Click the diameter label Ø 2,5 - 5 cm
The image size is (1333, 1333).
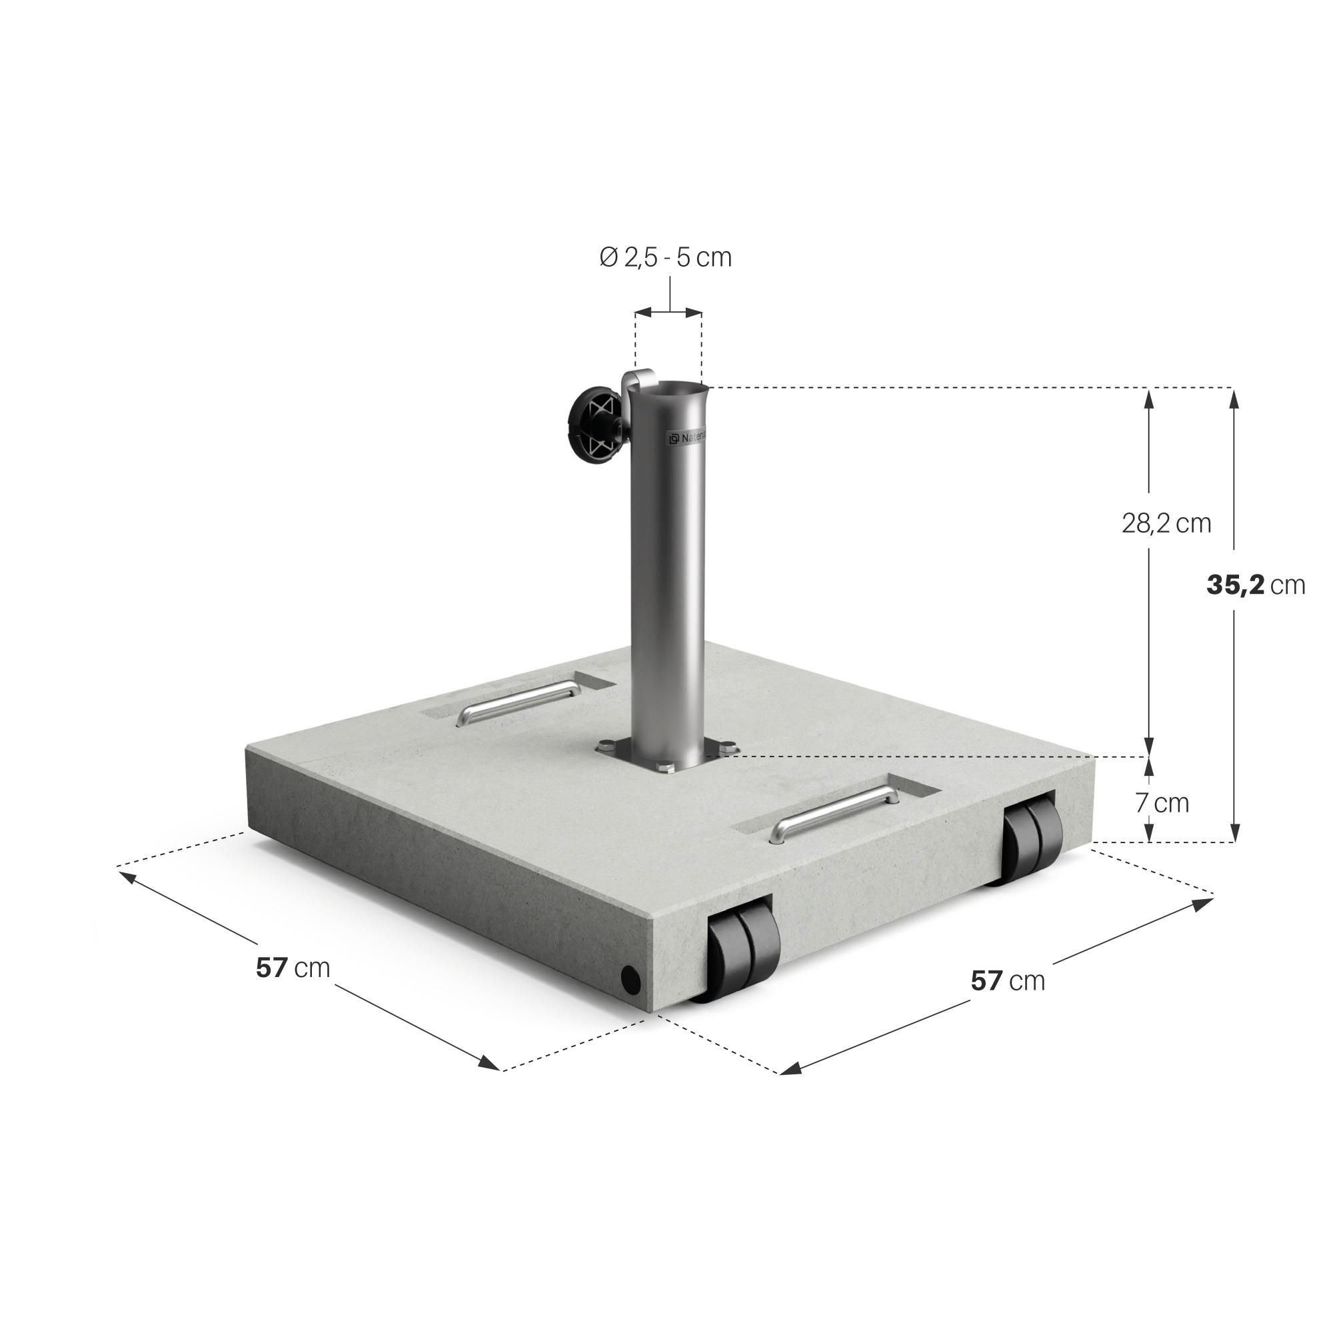(x=665, y=257)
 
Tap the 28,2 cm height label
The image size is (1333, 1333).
(x=1166, y=524)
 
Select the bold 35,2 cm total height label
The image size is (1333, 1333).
(x=1256, y=585)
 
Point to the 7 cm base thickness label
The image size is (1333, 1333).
(x=1162, y=803)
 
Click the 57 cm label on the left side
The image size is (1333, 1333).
(x=293, y=968)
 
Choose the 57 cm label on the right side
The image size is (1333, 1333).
(x=1008, y=980)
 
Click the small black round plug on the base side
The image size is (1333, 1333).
(x=630, y=978)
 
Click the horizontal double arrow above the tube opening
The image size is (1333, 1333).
(x=668, y=313)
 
